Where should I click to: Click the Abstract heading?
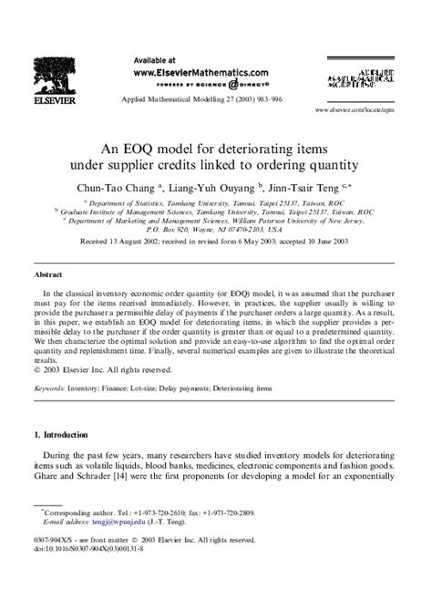click(x=47, y=273)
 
